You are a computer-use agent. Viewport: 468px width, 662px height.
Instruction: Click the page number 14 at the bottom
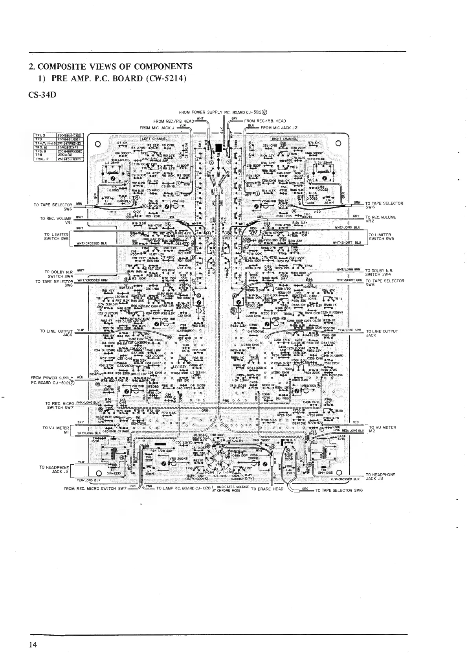click(32, 645)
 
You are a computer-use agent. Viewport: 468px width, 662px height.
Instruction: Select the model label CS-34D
click(40, 95)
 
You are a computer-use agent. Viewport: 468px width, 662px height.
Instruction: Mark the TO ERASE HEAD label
click(267, 489)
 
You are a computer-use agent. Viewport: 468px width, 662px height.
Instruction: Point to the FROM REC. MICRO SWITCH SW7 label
click(95, 489)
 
